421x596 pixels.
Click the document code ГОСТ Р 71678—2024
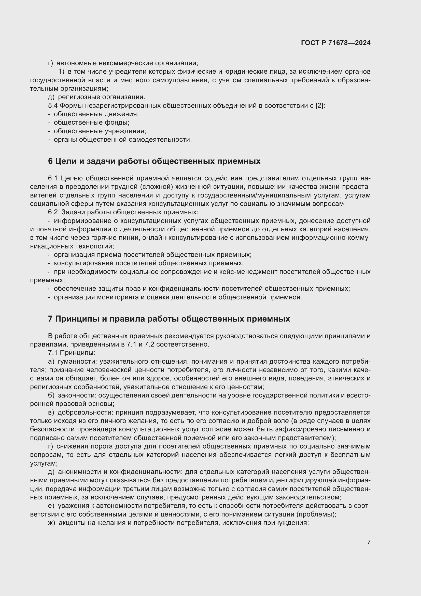pos(336,43)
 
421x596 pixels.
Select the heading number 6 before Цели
pos(50,161)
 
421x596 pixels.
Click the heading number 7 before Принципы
pos(50,319)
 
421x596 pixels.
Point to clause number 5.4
pos(53,106)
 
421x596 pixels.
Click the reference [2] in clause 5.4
pos(319,106)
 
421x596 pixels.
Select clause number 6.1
pos(53,178)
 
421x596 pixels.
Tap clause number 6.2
pos(53,212)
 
